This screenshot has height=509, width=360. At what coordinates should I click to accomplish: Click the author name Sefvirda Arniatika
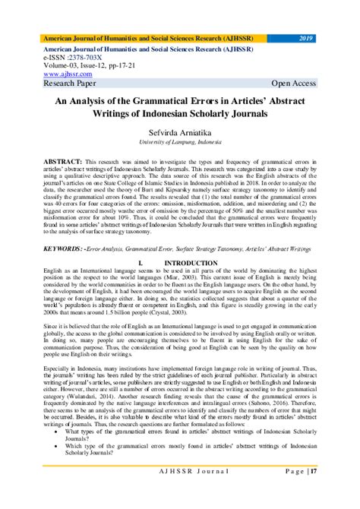click(180, 132)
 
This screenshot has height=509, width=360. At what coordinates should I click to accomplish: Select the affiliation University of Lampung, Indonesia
click(180, 142)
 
